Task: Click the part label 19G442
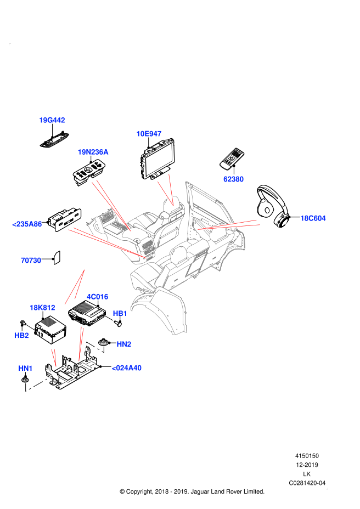(52, 120)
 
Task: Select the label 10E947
(149, 134)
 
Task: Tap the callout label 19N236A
(93, 152)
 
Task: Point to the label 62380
(233, 179)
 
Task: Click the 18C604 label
(313, 218)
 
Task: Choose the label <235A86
(27, 224)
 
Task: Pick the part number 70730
(31, 261)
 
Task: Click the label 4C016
(97, 297)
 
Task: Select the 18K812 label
(42, 308)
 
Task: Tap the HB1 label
(120, 314)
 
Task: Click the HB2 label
(21, 336)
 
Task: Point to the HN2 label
(124, 344)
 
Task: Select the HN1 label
(25, 369)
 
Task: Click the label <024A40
(126, 368)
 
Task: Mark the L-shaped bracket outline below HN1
(38, 383)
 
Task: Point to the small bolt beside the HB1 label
(109, 318)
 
